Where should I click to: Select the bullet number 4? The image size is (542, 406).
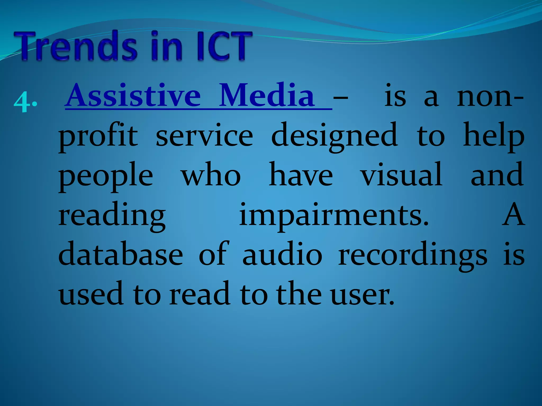point(22,102)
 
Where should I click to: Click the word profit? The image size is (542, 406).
point(98,136)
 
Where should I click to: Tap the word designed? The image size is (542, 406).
point(335,136)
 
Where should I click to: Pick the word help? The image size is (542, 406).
point(494,136)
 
